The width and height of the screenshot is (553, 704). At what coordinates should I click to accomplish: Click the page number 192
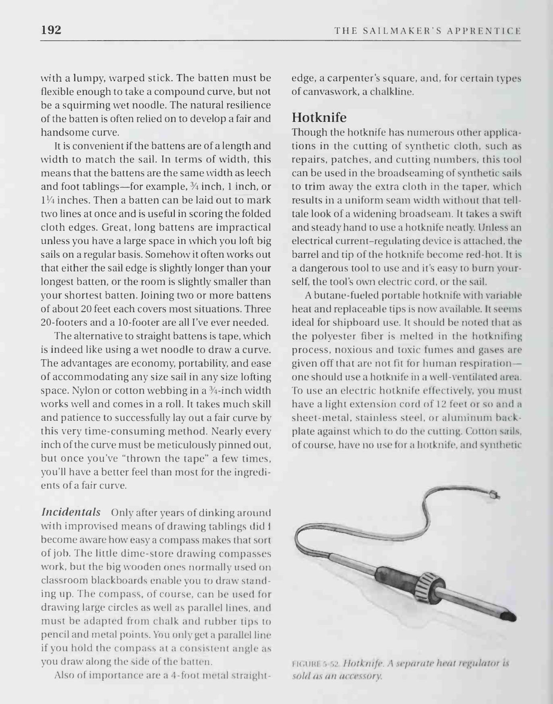[x=51, y=30]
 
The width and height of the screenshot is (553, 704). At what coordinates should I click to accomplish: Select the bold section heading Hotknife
[x=319, y=117]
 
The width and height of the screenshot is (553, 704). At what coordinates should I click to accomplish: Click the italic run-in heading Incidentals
[x=71, y=512]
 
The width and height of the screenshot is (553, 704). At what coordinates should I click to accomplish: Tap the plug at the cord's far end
[x=495, y=495]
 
